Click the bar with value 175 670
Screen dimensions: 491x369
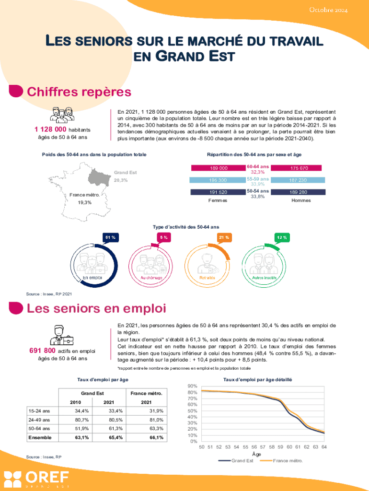pyautogui.click(x=299, y=168)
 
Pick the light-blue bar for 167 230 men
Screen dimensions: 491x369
pyautogui.click(x=299, y=180)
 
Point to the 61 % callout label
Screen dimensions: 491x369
pyautogui.click(x=110, y=237)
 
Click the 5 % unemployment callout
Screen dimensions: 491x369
pyautogui.click(x=164, y=237)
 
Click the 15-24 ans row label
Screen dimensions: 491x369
pyautogui.click(x=38, y=411)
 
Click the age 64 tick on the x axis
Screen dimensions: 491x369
pyautogui.click(x=324, y=447)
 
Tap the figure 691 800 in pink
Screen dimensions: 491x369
pyautogui.click(x=43, y=351)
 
